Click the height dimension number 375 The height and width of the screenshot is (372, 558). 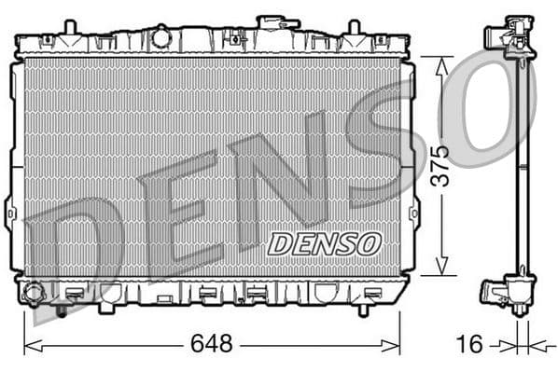click(439, 165)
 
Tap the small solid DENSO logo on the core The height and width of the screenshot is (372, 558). click(325, 243)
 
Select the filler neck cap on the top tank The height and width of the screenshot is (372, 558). click(272, 21)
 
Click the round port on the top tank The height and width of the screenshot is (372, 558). click(161, 37)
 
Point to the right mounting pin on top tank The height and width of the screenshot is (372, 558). click(354, 27)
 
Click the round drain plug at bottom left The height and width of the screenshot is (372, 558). click(34, 293)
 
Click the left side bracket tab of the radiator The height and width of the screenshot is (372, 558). click(9, 212)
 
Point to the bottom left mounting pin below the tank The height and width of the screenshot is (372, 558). click(62, 310)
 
